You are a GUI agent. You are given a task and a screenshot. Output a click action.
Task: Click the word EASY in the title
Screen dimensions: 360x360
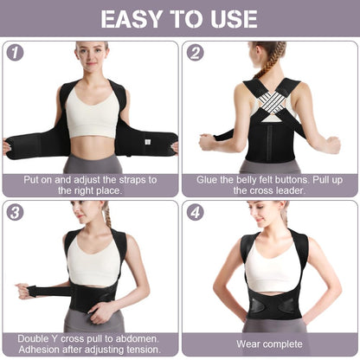(133, 19)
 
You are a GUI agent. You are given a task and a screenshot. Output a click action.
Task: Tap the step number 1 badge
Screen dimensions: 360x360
(14, 53)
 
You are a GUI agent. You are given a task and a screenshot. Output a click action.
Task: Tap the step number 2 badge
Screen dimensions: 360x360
(196, 53)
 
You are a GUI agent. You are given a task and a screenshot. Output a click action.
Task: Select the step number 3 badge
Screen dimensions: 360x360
(14, 212)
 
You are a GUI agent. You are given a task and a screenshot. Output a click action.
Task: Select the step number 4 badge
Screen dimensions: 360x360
(196, 212)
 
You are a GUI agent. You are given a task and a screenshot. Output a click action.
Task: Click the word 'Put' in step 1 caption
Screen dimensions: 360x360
(37, 179)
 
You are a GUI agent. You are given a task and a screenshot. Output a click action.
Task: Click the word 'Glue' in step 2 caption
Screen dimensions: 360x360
(208, 179)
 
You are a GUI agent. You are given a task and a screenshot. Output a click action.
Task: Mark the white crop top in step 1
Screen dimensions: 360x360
(91, 116)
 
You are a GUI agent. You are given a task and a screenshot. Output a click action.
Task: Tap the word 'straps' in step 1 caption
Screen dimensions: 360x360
(138, 179)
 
